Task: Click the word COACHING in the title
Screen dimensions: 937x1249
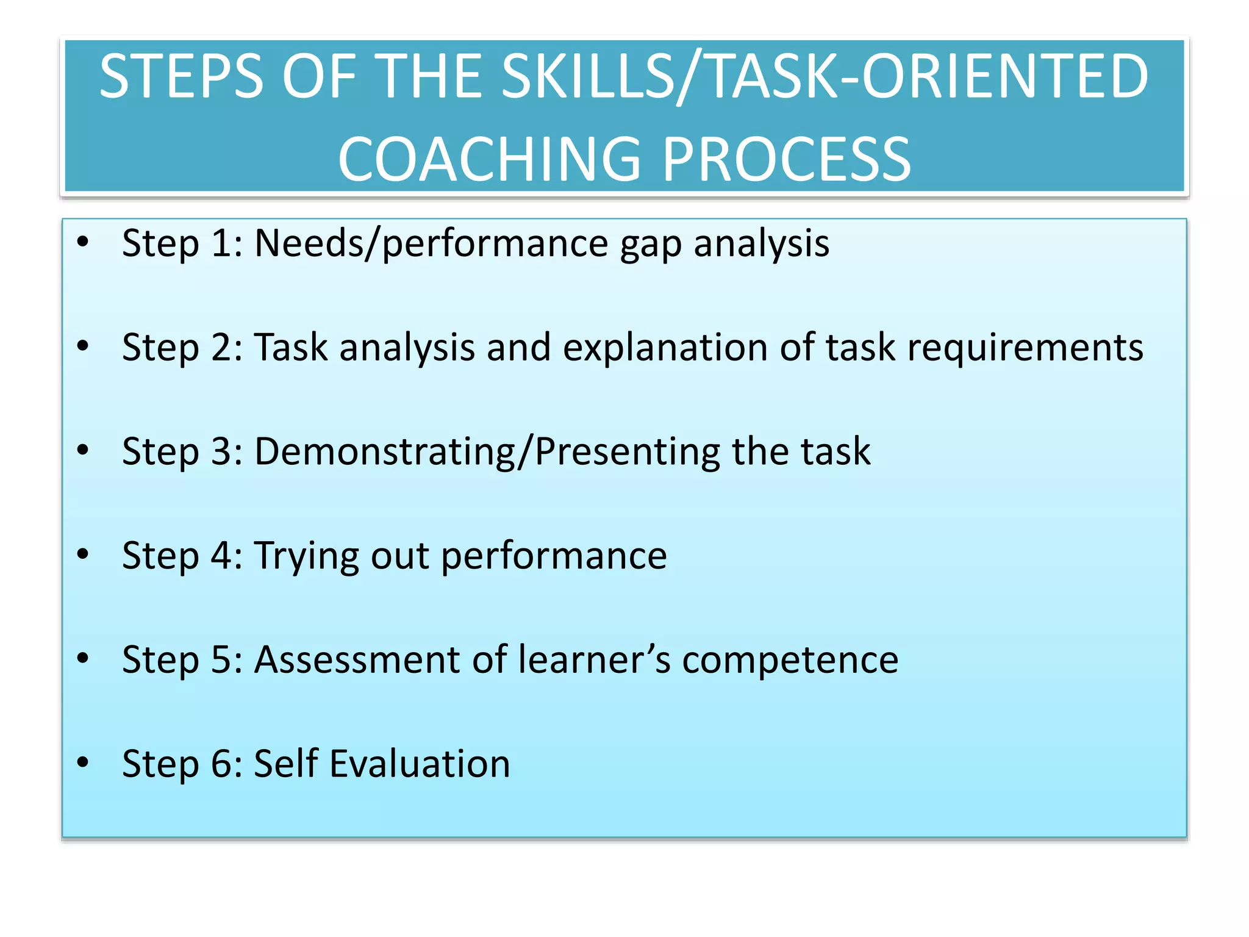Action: coord(489,159)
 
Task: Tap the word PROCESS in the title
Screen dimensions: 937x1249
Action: coord(786,159)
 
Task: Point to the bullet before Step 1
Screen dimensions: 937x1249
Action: coord(83,242)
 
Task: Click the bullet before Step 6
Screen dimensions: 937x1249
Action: coord(83,762)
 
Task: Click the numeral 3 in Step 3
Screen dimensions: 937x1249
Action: coord(221,452)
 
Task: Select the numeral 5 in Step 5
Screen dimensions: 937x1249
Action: coord(221,660)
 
